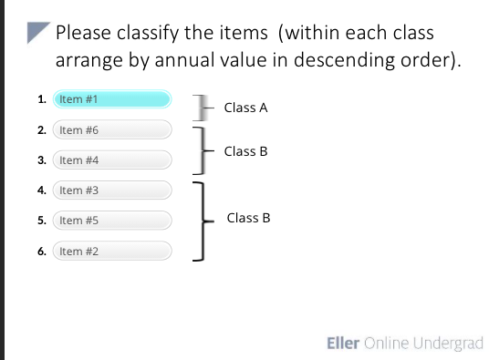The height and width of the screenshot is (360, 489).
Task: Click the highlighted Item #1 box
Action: (x=112, y=99)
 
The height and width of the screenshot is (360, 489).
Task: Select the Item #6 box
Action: (x=112, y=130)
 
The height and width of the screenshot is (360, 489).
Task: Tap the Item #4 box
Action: (x=112, y=160)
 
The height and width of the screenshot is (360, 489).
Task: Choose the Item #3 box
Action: (x=112, y=190)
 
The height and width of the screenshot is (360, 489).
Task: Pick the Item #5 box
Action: (x=112, y=221)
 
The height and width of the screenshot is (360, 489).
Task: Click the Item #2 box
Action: (x=112, y=251)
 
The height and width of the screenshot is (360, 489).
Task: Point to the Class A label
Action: (x=245, y=108)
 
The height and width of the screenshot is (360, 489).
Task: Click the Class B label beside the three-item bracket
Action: (x=249, y=218)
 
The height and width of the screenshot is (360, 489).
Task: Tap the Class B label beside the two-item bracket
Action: (x=245, y=150)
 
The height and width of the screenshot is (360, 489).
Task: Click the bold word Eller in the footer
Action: (x=343, y=344)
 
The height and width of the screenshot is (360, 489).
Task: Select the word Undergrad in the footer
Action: (x=448, y=344)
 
